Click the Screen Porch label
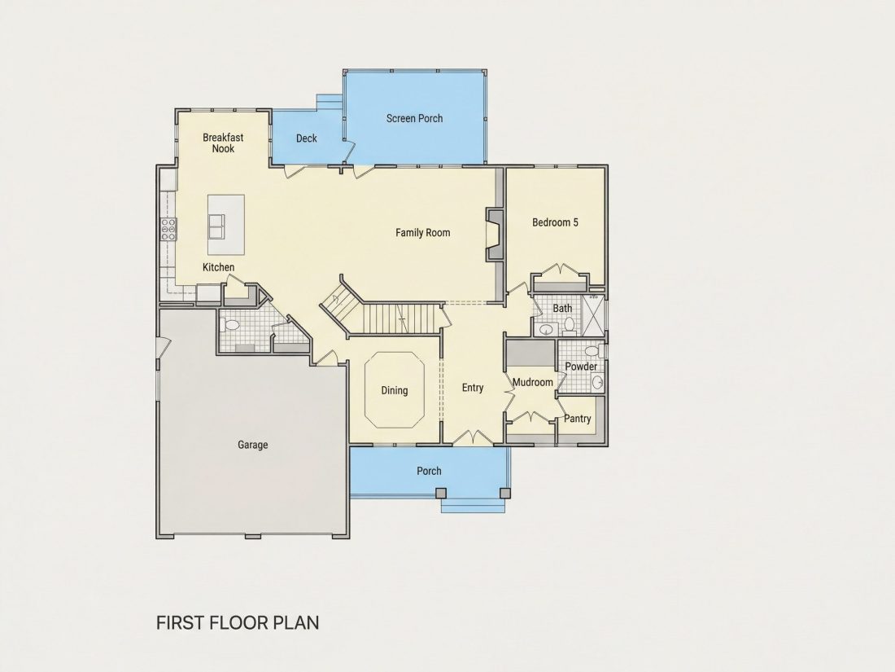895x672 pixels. [x=414, y=118]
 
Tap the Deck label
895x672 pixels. [x=307, y=138]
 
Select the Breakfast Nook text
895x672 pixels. [x=223, y=143]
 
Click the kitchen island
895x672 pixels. [x=226, y=225]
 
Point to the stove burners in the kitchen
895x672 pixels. [x=168, y=229]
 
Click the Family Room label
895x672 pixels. [x=423, y=233]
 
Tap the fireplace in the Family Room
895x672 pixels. [x=495, y=235]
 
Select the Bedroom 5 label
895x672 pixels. [x=556, y=222]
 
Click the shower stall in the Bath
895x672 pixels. [x=593, y=315]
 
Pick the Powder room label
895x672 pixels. [x=581, y=367]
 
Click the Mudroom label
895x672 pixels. [x=533, y=382]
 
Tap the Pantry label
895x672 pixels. [x=578, y=419]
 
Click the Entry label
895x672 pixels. [x=473, y=388]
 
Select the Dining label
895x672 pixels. [x=395, y=390]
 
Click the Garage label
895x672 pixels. [x=253, y=445]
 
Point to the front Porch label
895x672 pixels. [x=429, y=471]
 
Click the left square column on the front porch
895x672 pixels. [x=441, y=493]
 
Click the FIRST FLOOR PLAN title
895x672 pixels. [x=238, y=622]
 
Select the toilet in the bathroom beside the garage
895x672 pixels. [x=232, y=326]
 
